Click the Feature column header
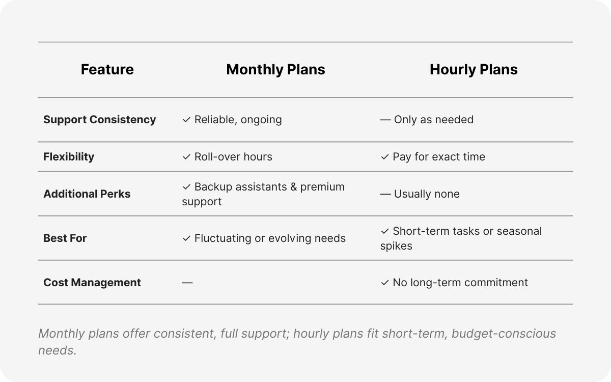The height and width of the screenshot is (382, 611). [107, 70]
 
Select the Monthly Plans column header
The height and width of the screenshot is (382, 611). [275, 70]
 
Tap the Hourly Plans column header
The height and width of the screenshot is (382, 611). [474, 70]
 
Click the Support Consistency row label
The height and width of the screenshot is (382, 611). [99, 120]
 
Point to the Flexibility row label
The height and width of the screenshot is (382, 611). [69, 157]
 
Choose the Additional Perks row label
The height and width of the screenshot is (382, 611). [87, 194]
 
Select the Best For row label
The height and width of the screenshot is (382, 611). [65, 238]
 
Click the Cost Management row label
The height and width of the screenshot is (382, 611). [92, 283]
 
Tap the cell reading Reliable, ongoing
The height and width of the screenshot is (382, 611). [238, 120]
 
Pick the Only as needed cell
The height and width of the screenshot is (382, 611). [433, 120]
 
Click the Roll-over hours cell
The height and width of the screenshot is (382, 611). [233, 157]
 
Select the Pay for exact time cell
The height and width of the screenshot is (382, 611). [438, 157]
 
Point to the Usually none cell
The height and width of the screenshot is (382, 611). [427, 194]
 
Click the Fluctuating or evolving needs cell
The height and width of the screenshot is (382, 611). [270, 238]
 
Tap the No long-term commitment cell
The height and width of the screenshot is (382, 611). [460, 283]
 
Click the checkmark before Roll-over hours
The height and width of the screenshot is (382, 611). [186, 157]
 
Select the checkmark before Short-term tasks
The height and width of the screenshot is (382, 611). [385, 231]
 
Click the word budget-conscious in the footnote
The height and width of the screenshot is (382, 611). [504, 334]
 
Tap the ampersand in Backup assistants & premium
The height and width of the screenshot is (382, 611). [293, 187]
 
